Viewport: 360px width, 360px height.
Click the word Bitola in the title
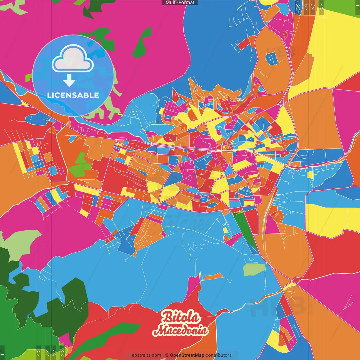[x=181, y=317]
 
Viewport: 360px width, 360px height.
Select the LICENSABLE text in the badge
[x=73, y=95]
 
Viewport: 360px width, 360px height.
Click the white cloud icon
[x=73, y=58]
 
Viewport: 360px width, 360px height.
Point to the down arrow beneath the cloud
[x=69, y=81]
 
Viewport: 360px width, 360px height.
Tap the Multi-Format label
[x=180, y=3]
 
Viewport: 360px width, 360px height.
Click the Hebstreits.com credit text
[x=145, y=355]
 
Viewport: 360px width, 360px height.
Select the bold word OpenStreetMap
[x=187, y=355]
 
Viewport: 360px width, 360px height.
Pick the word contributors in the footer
[x=219, y=355]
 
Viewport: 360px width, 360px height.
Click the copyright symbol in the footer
[x=167, y=355]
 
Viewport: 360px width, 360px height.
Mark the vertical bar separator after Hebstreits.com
[x=163, y=355]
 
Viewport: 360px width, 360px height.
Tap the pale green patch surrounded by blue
[x=254, y=269]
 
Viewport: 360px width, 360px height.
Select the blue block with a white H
[x=272, y=59]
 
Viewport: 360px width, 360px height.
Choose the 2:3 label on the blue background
[x=298, y=7]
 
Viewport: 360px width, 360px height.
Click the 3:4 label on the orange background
[x=312, y=7]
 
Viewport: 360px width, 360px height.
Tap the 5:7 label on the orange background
[x=306, y=7]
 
